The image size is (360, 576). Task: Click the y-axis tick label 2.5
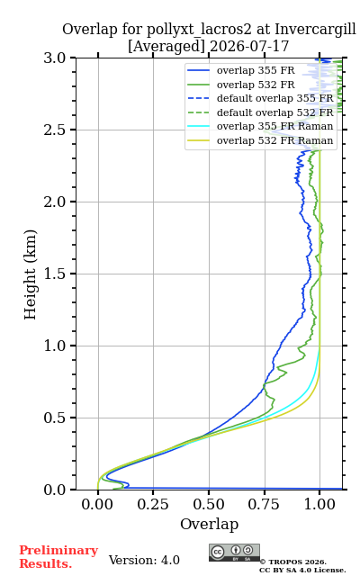tap(55, 130)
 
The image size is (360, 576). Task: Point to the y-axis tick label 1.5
tap(55, 274)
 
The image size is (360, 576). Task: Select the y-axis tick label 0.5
tap(55, 418)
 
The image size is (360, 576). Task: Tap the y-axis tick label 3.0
tap(55, 58)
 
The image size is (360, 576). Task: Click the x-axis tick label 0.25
tap(153, 504)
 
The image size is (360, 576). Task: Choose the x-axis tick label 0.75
tap(264, 504)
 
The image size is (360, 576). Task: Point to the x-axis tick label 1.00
tap(319, 504)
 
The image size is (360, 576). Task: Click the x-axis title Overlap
tap(210, 524)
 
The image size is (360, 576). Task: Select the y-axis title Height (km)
tap(31, 274)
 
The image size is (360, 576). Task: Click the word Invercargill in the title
tap(315, 30)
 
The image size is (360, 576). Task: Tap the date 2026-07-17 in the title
tap(249, 46)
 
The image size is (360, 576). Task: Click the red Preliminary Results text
tap(58, 557)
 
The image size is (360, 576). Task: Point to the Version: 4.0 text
tap(144, 560)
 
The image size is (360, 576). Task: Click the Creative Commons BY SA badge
tap(234, 553)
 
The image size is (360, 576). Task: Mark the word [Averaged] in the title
tap(166, 47)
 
